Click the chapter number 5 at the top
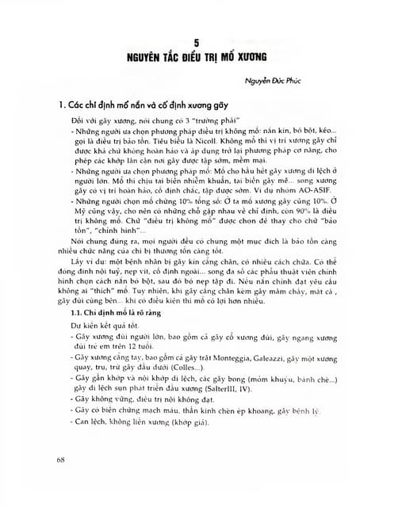click(200, 42)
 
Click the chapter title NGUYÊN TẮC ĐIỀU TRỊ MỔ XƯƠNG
click(199, 57)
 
